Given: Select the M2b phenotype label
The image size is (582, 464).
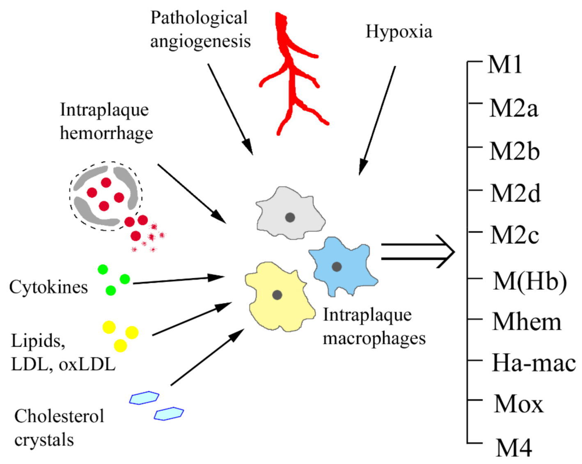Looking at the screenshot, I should [514, 151].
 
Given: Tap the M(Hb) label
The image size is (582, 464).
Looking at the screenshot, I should [529, 281].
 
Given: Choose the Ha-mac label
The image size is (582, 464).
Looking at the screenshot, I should [533, 363].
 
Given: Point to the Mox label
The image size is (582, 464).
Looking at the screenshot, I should [518, 404].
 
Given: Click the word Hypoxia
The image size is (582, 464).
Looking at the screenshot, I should [399, 32].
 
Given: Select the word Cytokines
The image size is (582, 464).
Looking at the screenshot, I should [48, 287].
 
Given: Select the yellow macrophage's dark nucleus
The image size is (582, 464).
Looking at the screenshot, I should [277, 295].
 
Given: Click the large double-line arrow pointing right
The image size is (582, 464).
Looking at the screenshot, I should [417, 251].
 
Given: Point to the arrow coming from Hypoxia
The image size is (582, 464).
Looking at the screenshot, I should [378, 119].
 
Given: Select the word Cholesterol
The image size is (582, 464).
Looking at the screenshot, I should [59, 416].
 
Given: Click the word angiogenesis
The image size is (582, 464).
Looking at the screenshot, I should [200, 41].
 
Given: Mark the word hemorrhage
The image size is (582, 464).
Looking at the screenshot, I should [106, 133].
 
